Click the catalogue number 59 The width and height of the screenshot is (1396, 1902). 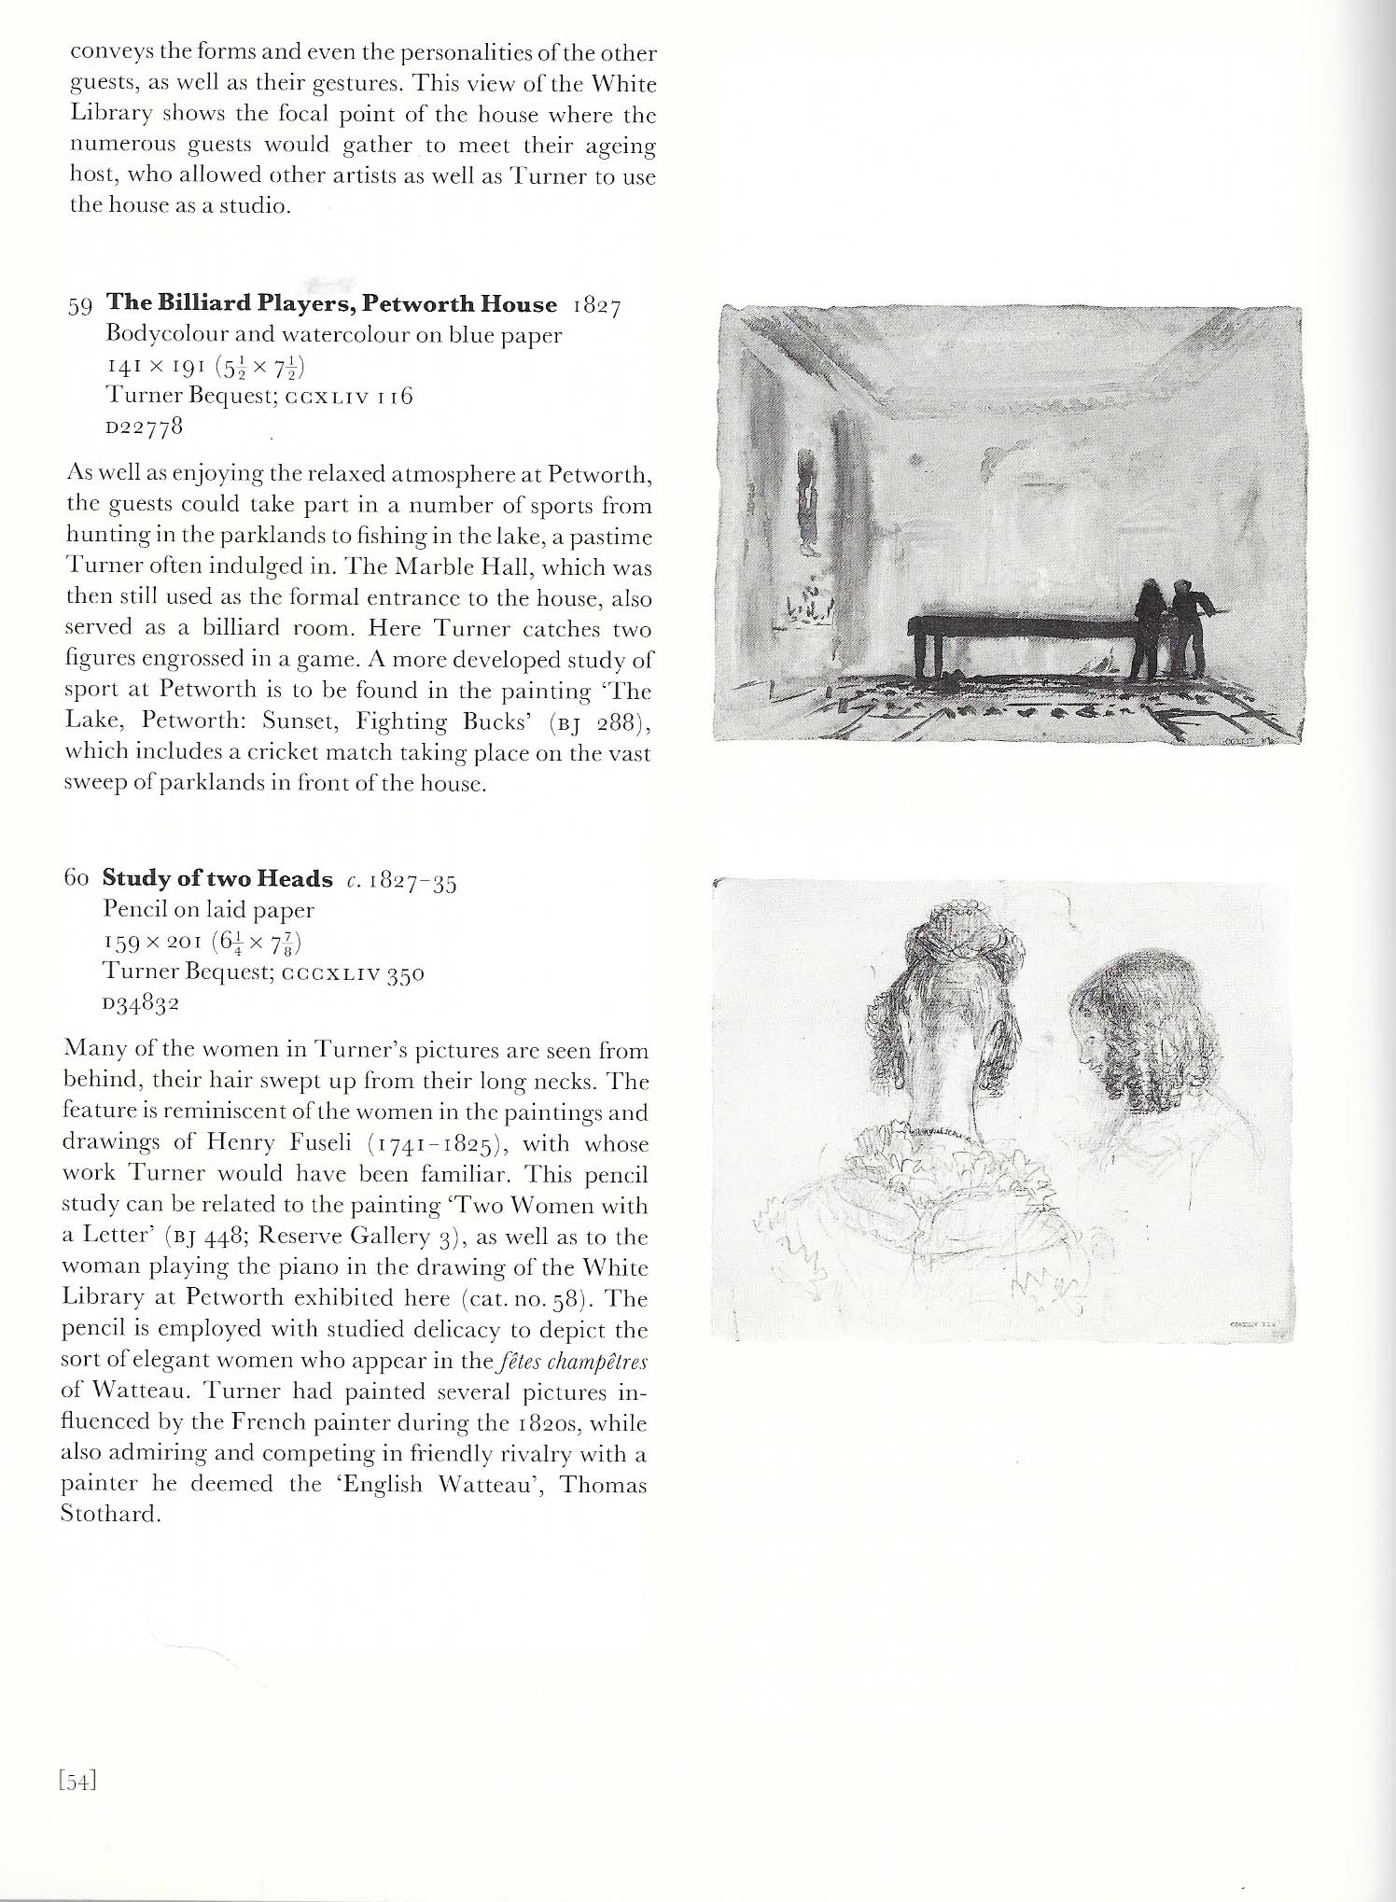point(80,306)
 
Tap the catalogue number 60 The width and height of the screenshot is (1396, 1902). point(77,879)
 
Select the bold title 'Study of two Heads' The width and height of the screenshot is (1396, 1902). point(217,878)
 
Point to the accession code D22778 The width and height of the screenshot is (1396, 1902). point(143,427)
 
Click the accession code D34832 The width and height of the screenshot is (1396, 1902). point(141,1003)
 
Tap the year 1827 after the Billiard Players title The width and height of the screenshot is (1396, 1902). point(596,306)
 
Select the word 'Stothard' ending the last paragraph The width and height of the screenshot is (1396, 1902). point(106,1514)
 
